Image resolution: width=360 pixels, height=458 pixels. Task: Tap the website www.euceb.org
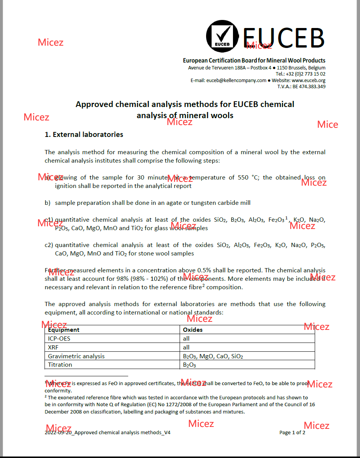click(309, 81)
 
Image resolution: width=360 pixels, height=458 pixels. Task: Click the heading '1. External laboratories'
click(84, 135)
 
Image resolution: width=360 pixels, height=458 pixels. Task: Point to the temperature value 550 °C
click(234, 178)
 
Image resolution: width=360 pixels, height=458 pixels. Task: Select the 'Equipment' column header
click(64, 330)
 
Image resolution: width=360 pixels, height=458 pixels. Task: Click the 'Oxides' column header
click(193, 330)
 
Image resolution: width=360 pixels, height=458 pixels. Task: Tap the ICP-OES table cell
click(59, 339)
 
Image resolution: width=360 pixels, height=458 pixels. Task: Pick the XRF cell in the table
click(53, 348)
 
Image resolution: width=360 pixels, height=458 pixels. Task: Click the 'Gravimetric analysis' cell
click(76, 356)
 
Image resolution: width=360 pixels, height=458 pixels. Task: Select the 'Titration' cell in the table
click(60, 365)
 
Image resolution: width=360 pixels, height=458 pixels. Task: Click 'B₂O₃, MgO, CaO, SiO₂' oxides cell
click(213, 356)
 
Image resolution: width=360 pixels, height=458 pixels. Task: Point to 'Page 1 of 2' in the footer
click(292, 433)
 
